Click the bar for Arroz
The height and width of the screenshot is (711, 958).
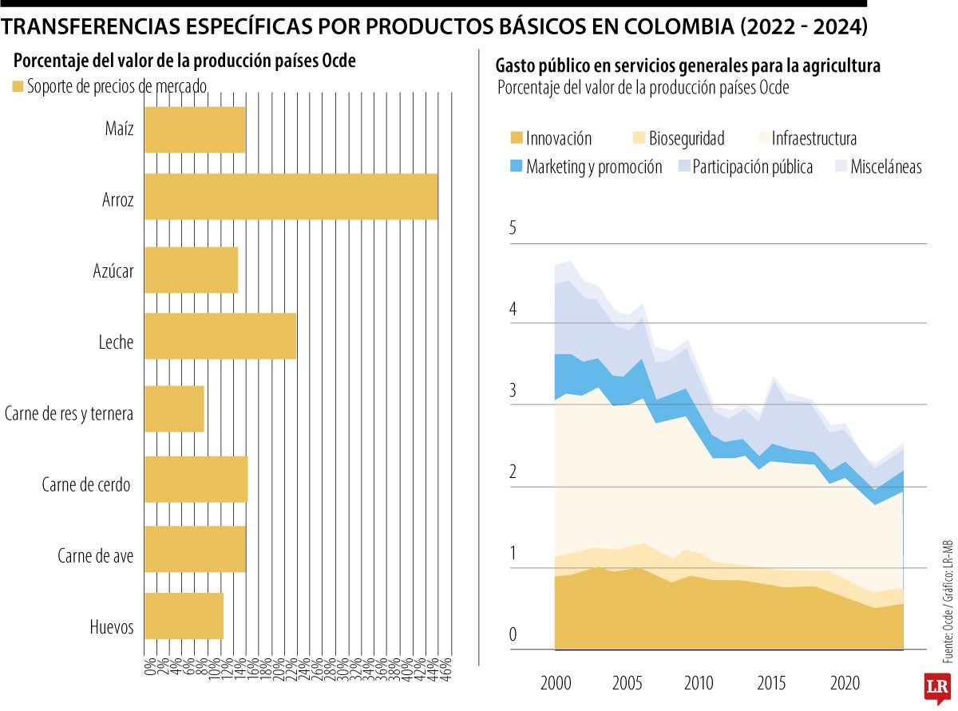point(291,196)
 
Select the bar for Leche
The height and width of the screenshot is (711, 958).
point(220,336)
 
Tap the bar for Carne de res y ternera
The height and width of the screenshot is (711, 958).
point(174,409)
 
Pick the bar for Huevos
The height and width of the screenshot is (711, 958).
point(184,616)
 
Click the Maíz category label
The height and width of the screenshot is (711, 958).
point(119,128)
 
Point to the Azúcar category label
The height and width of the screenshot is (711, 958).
point(113,271)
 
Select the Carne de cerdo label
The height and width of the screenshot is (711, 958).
point(85,484)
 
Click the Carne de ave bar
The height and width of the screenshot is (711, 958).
point(195,549)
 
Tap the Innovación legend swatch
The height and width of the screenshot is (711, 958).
point(516,139)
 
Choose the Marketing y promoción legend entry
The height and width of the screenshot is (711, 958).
point(594,167)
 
